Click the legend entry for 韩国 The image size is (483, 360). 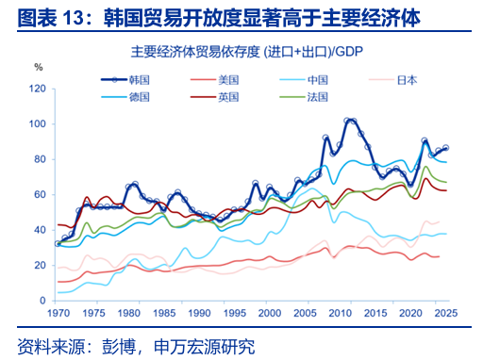tap(125, 80)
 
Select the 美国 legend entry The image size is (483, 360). tap(214, 80)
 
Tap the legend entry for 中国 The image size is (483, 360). tap(304, 80)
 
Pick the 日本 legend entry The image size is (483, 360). tap(393, 80)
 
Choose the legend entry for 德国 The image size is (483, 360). tap(125, 97)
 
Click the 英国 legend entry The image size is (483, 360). tap(214, 97)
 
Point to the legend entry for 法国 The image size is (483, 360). tap(304, 97)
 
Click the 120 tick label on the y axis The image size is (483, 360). tap(38, 89)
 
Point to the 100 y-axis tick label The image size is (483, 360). tap(38, 123)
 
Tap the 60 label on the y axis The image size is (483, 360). tap(40, 194)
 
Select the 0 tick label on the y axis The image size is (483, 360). tap(42, 301)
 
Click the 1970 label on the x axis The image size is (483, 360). tap(58, 313)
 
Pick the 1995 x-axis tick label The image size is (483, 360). tap(235, 313)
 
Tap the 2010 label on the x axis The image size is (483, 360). tap(341, 313)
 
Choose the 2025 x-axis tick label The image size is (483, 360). tap(446, 313)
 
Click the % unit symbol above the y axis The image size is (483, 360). tap(39, 67)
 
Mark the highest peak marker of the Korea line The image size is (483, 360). tap(347, 121)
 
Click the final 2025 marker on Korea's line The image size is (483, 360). tap(445, 148)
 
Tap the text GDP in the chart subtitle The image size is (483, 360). tap(349, 52)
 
